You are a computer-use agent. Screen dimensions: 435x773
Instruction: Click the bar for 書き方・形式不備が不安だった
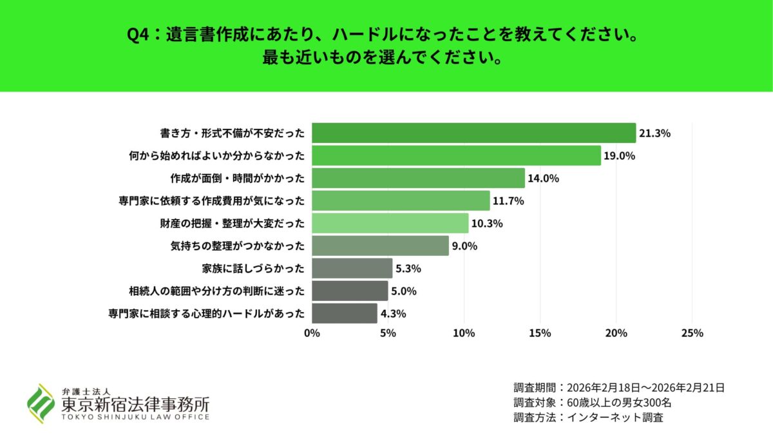click(473, 133)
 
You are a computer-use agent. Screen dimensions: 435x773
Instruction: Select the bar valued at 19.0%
click(456, 156)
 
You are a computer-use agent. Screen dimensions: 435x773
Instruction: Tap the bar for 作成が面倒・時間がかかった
click(418, 179)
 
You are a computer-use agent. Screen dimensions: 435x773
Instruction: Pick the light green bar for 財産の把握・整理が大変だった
click(390, 224)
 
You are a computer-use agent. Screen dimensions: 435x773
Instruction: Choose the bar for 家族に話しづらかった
click(352, 268)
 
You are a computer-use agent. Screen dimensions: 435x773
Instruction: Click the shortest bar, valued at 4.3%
click(344, 313)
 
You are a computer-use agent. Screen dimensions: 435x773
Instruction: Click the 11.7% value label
click(508, 201)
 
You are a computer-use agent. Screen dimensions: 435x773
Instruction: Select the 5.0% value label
click(405, 291)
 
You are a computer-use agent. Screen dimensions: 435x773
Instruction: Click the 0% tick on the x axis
click(312, 333)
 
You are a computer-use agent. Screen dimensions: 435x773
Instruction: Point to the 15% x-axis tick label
click(540, 333)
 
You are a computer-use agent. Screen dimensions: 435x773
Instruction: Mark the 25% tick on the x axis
click(692, 333)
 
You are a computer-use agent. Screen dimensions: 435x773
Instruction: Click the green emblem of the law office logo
click(40, 403)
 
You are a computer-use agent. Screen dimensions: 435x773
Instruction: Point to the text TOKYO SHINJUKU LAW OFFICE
click(135, 417)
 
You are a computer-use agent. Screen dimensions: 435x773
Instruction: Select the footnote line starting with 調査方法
click(588, 417)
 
